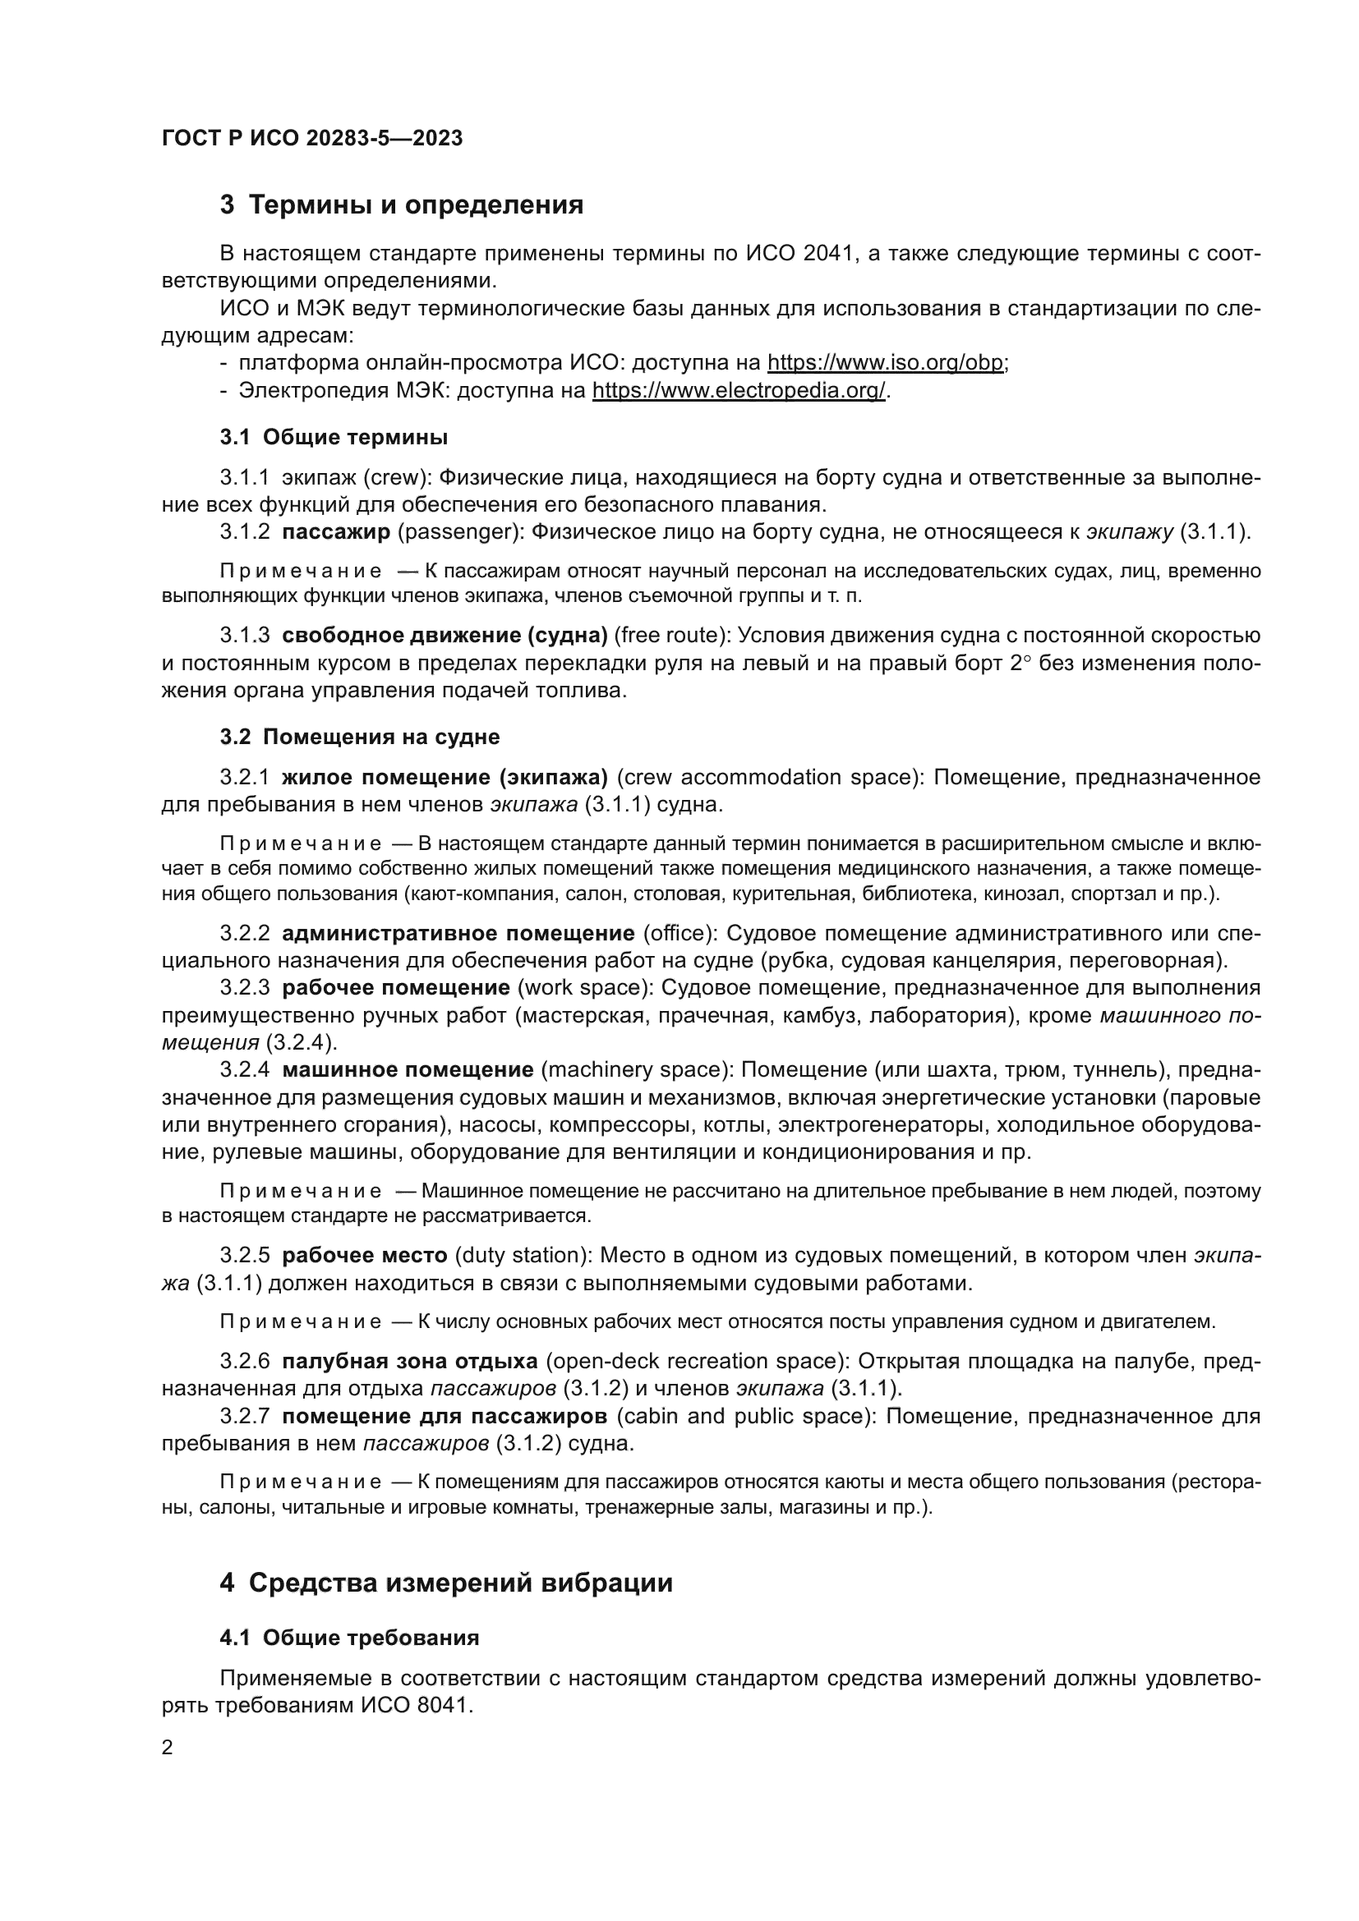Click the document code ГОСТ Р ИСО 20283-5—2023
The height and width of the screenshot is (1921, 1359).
[x=311, y=138]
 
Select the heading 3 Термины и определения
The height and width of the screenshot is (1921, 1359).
[x=402, y=205]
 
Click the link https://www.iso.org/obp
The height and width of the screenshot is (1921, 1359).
[x=887, y=363]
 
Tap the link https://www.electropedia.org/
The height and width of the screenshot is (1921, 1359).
[x=738, y=391]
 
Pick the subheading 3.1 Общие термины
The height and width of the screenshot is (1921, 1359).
[x=334, y=438]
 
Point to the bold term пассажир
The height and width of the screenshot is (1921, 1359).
[x=336, y=532]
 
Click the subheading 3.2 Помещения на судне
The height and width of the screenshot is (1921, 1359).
[x=360, y=737]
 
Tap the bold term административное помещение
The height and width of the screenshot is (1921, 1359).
[x=458, y=934]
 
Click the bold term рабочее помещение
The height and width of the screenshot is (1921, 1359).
[x=396, y=988]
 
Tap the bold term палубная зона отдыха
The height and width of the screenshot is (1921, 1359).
[x=409, y=1361]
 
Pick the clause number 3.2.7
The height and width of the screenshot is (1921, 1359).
[x=244, y=1417]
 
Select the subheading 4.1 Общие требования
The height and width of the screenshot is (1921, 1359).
[x=350, y=1638]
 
